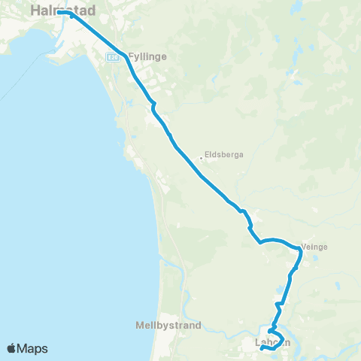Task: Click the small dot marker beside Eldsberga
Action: (x=201, y=158)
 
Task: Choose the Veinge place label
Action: (x=315, y=246)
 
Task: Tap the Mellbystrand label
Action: (x=168, y=326)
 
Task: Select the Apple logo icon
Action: (x=13, y=348)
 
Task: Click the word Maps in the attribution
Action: (x=35, y=348)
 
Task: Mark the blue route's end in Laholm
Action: (x=261, y=347)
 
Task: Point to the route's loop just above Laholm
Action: (x=274, y=334)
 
